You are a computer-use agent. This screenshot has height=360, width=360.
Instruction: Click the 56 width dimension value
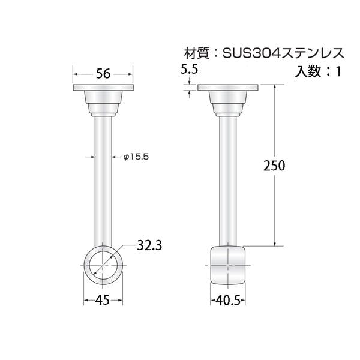103,74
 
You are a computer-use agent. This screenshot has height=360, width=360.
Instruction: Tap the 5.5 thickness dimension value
189,69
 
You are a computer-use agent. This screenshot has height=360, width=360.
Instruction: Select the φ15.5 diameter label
136,157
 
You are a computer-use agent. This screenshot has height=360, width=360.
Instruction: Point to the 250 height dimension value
274,166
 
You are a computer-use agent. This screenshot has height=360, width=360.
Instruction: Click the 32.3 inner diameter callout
149,245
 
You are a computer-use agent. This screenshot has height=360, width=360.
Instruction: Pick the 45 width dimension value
103,300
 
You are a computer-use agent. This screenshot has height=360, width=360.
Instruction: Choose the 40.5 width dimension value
228,301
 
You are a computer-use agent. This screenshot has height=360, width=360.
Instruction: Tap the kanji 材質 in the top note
197,54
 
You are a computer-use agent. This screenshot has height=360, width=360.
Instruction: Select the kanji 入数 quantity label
308,71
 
